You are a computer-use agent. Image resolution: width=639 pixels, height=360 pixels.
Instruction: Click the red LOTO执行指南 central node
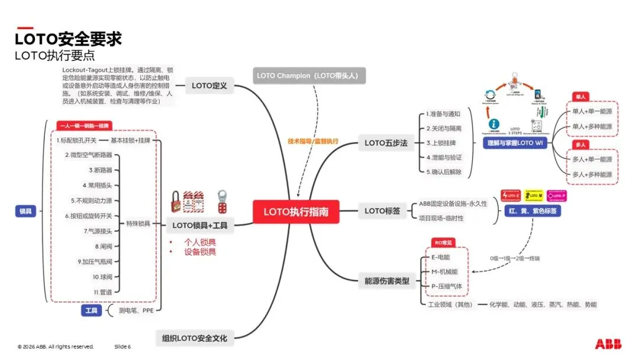coord(296,211)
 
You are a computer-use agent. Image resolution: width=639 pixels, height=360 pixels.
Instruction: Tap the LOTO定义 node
coord(209,86)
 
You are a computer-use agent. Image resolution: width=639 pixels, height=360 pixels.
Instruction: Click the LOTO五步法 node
coord(386,143)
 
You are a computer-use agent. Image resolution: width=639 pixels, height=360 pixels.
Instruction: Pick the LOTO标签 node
coord(382,210)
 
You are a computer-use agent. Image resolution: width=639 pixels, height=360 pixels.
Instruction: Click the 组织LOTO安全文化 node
coord(195,339)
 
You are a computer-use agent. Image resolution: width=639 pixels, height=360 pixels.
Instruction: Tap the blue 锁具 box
coord(26,210)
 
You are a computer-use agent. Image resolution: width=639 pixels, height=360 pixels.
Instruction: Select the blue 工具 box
coord(91,310)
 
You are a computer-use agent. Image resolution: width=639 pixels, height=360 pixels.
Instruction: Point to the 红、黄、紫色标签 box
coord(532,210)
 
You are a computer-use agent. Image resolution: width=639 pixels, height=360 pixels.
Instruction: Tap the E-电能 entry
coord(441,257)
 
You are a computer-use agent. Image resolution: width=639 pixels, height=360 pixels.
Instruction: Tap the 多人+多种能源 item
coord(592,174)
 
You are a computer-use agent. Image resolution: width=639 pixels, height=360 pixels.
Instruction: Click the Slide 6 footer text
coord(122,346)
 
